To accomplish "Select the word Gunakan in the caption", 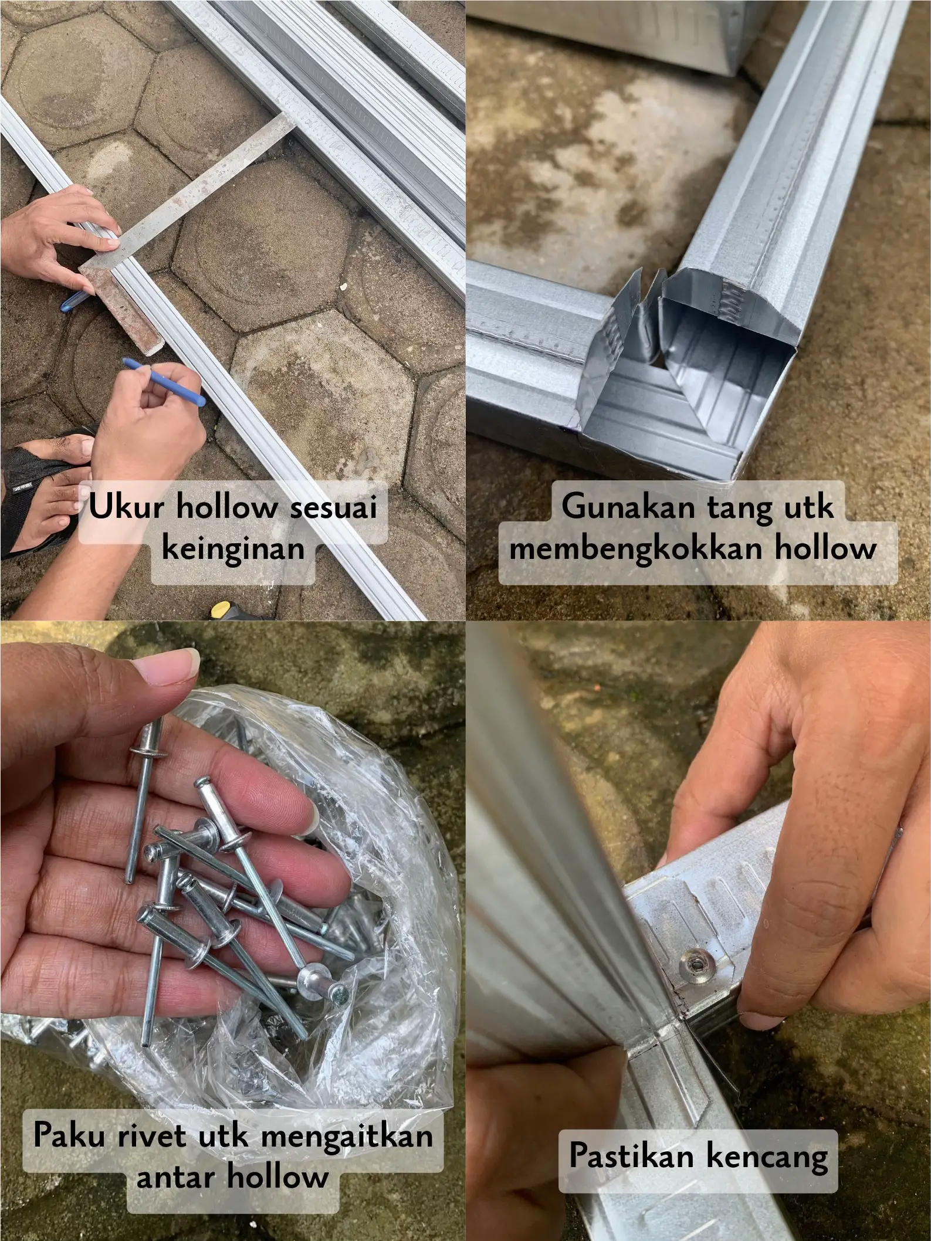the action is click(x=628, y=507).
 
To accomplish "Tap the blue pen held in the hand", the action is click(x=165, y=382).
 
